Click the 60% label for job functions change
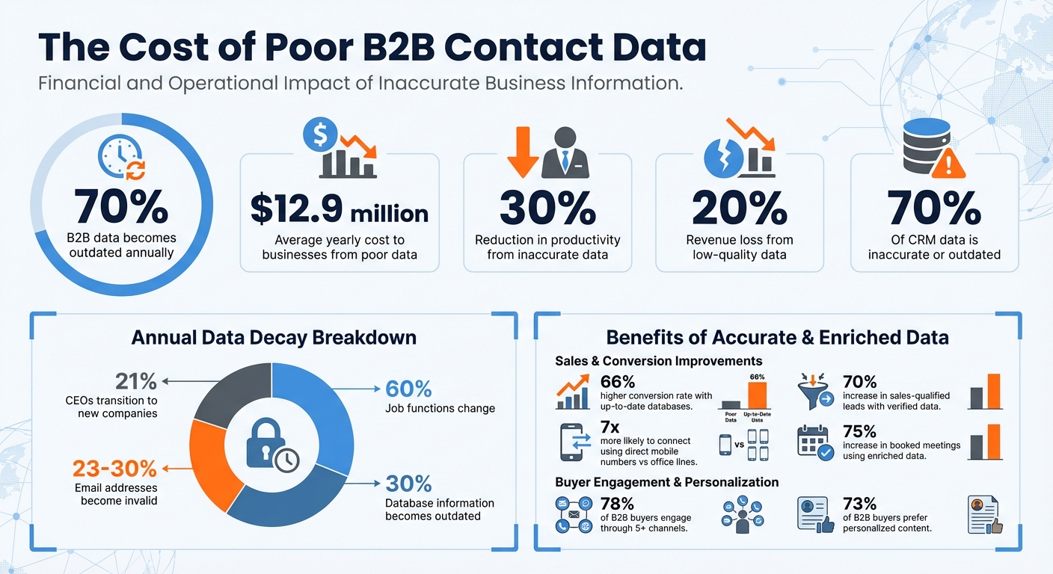coord(408,389)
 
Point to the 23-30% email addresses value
coord(114,469)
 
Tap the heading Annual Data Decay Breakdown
coord(274,337)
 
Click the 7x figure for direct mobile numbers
coord(611,428)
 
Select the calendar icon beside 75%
coord(816,442)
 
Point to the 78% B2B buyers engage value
coord(617,503)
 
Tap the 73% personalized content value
coord(859,503)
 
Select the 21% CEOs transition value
coord(136,381)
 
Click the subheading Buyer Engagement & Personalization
coord(666,482)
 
